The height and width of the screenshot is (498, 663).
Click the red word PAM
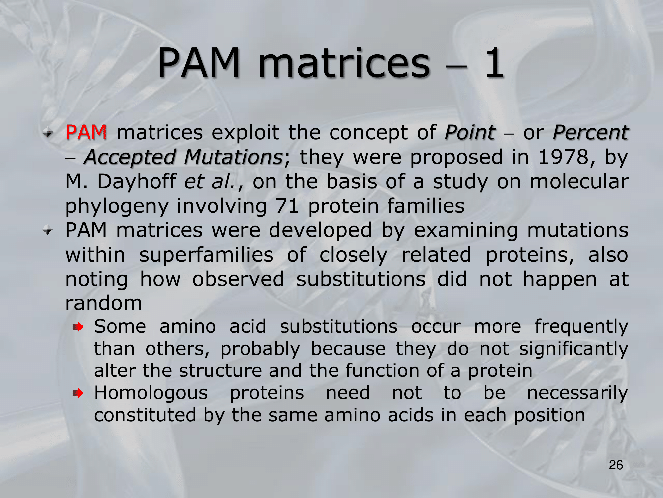click(86, 132)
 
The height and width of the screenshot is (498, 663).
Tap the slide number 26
click(616, 465)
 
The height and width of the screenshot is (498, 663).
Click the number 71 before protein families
click(287, 206)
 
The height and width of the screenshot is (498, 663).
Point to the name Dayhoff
click(137, 181)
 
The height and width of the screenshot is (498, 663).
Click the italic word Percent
click(590, 133)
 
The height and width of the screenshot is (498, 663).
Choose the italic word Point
click(470, 133)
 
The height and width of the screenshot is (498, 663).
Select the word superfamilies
click(206, 255)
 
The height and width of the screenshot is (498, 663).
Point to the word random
click(103, 303)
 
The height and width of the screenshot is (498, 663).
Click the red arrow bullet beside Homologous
click(78, 394)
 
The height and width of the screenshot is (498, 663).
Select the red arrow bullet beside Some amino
click(78, 327)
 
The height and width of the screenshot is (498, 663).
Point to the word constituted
click(145, 415)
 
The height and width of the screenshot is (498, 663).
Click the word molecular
click(579, 181)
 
